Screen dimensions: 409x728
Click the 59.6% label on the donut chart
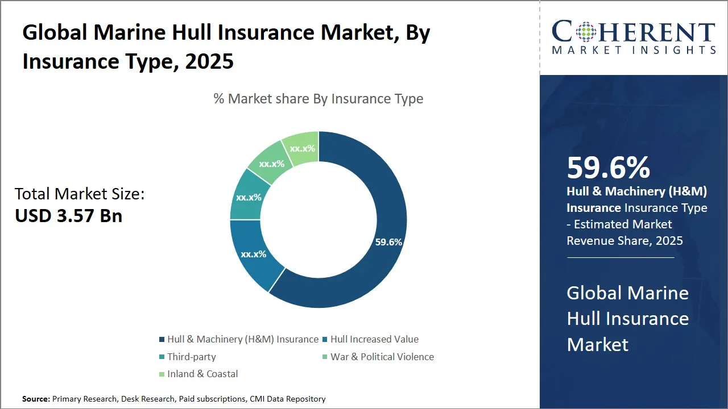point(388,242)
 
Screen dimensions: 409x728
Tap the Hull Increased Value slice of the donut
point(254,254)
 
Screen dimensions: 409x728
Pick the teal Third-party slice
point(249,198)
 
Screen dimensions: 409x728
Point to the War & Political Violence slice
point(271,164)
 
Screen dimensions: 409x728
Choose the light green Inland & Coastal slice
point(303,148)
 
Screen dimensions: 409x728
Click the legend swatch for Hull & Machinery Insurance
point(162,340)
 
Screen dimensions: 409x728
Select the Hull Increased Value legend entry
point(374,340)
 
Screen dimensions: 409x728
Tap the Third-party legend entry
point(191,357)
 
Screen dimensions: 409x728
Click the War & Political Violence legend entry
point(382,357)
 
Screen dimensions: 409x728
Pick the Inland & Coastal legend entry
point(202,374)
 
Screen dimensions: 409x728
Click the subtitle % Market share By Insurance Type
point(318,99)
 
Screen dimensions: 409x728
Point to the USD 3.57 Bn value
point(68,215)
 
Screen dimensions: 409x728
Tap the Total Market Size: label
point(80,194)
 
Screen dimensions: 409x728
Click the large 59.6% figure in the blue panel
point(608,168)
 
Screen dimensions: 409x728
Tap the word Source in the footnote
point(36,399)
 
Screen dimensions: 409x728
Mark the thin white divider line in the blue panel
point(620,257)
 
